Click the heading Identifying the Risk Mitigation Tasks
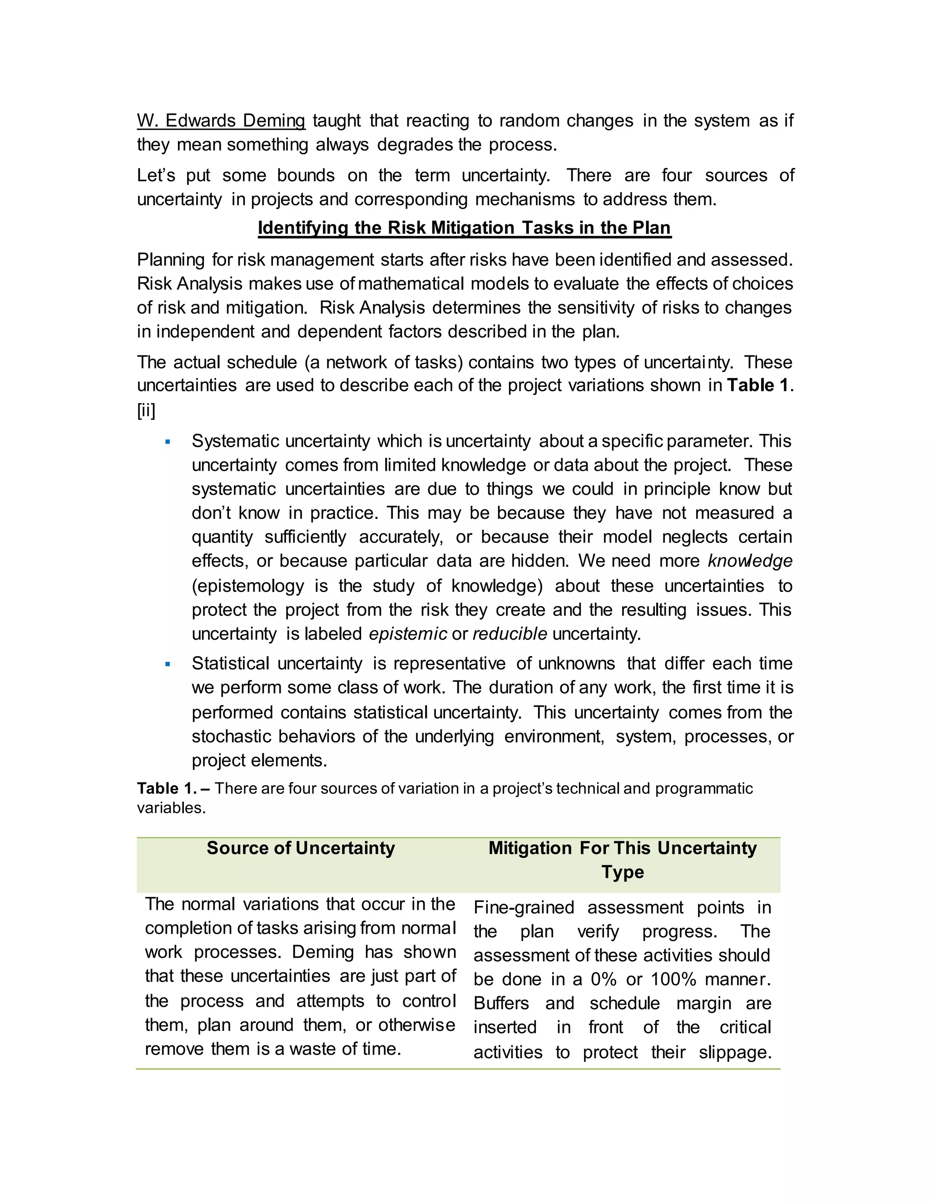465,227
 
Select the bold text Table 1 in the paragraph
758,385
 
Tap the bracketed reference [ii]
146,410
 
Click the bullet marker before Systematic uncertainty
168,442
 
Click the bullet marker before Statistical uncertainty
168,664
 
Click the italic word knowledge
750,561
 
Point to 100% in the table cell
674,979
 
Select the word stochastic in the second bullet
232,736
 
